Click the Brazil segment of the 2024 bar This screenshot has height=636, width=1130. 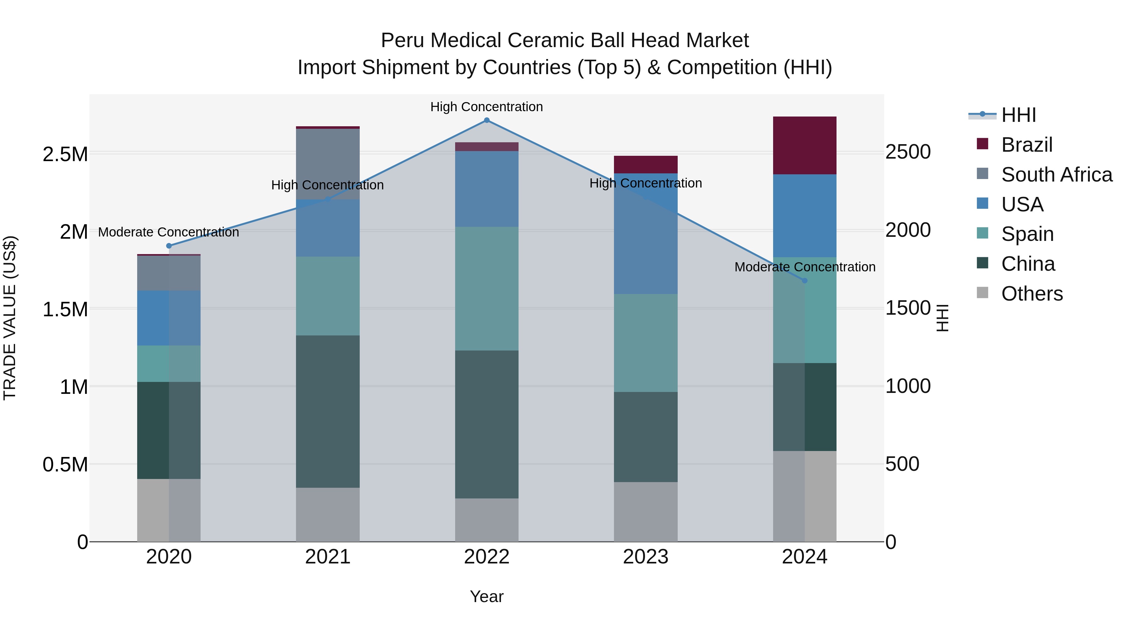pos(804,145)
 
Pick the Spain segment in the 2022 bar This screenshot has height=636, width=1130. pos(487,288)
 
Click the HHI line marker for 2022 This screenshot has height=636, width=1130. pos(487,120)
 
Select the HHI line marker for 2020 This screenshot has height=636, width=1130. pos(169,246)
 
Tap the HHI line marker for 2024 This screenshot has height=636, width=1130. pos(804,280)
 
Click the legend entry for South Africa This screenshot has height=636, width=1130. pos(1056,175)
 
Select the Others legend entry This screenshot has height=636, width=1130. pos(1032,294)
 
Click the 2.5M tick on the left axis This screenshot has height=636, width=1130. pos(65,155)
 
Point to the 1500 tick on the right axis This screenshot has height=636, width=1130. pos(907,308)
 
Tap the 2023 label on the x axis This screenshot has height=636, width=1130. pos(645,557)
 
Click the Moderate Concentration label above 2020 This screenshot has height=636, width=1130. pos(169,232)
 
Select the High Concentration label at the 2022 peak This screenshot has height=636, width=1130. pos(487,107)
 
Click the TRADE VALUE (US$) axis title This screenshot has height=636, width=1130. pos(10,318)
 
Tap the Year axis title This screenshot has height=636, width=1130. pos(487,596)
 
